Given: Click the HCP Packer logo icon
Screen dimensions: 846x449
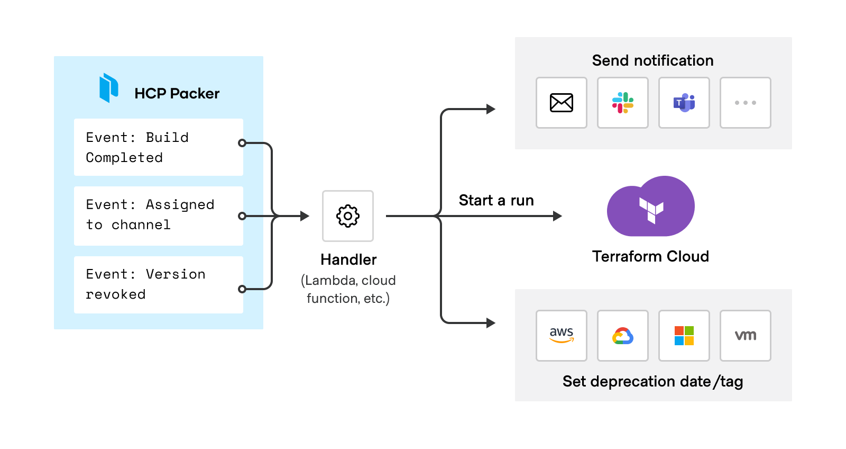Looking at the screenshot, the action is click(x=109, y=88).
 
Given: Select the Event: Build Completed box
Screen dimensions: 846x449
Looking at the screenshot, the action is click(x=159, y=147).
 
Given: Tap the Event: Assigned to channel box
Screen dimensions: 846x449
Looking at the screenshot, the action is click(x=159, y=216).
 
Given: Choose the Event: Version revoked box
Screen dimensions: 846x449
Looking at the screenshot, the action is click(x=159, y=285).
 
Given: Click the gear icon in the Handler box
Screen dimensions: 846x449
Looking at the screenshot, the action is click(x=348, y=216).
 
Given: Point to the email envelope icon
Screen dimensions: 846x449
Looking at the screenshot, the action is click(x=561, y=103).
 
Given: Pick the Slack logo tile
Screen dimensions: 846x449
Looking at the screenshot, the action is click(x=623, y=103).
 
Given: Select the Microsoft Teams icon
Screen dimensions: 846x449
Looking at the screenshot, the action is click(x=684, y=103).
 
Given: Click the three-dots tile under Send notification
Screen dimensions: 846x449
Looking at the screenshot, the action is click(x=745, y=103).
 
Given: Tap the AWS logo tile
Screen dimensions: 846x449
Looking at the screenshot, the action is click(x=561, y=336).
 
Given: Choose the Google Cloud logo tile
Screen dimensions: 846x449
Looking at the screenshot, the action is click(x=623, y=336).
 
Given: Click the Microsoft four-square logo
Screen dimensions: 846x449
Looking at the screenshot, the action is click(x=684, y=336).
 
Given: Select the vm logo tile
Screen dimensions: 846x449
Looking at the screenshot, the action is click(x=745, y=336).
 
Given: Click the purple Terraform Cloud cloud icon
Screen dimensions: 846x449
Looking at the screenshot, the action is click(x=651, y=206).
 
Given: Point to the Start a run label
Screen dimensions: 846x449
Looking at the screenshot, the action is click(x=496, y=201).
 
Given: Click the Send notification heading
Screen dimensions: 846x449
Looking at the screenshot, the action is click(x=652, y=60).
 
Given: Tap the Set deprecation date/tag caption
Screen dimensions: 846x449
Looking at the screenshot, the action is click(x=652, y=382).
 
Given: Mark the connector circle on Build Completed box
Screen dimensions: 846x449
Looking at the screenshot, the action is click(x=242, y=143).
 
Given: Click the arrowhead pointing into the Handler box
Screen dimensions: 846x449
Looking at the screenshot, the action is click(x=305, y=216).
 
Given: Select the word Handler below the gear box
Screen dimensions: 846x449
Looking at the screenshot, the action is click(x=348, y=260).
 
